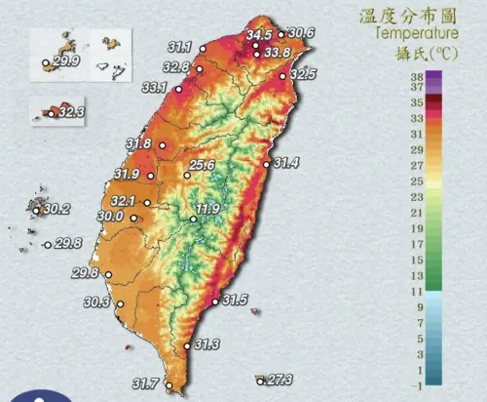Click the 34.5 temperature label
258,35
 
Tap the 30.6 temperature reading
302,33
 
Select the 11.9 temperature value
208,209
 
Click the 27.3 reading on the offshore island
280,380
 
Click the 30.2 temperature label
56,209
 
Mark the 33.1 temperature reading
155,88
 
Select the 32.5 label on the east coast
303,74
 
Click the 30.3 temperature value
97,302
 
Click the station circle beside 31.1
203,47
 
